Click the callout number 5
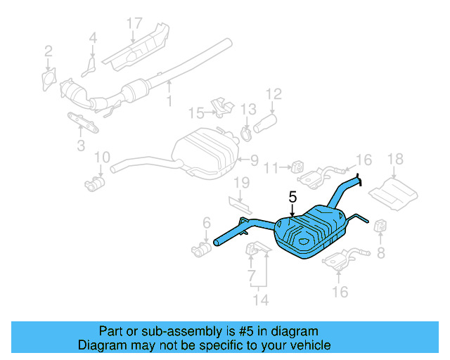(292, 199)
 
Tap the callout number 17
(134, 22)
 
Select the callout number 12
(274, 93)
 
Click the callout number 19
(241, 184)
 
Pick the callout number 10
(101, 157)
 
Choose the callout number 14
(261, 301)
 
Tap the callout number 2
(48, 51)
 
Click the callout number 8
(381, 251)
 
